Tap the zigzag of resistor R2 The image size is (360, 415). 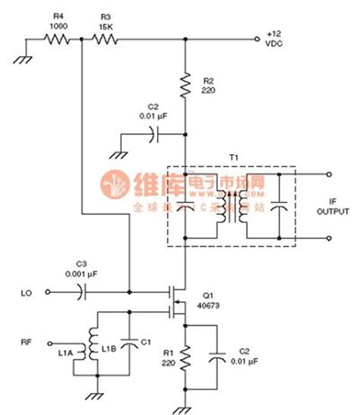point(185,86)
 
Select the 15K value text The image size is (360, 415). point(106,26)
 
